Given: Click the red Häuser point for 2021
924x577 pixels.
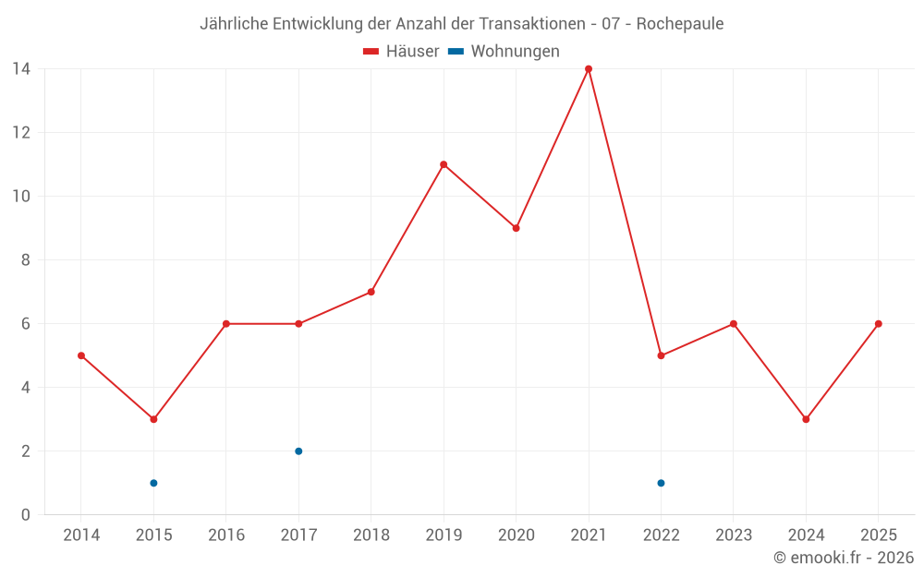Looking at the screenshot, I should coord(589,69).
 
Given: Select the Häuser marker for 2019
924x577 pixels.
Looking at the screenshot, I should coord(444,164).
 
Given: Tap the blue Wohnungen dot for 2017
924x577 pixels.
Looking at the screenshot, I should coord(298,451).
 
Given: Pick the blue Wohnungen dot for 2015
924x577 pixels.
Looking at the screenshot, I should coord(153,483).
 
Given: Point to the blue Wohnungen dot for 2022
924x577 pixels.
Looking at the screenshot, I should coord(661,483).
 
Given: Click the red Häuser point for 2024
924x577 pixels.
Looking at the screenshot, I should coord(806,419).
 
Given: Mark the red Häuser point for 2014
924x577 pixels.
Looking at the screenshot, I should coord(81,355).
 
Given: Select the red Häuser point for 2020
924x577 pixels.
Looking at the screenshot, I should coord(516,228).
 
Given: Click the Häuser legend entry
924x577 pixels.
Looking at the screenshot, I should coord(401,52).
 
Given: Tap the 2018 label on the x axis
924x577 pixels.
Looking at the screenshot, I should coord(371,535).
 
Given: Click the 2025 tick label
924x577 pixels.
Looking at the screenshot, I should coord(878,535).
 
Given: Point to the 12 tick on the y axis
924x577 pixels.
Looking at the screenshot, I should coord(21,133).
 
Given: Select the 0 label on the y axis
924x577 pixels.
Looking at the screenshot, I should coord(26,515).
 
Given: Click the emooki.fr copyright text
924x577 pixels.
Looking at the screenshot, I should coord(844,558).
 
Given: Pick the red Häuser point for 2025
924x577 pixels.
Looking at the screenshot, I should coord(878,324).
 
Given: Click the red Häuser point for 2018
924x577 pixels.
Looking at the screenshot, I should coord(371,292).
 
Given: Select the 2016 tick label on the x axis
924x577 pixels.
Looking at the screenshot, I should coord(225,535).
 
